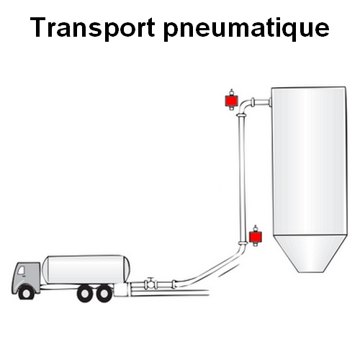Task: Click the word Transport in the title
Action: coord(93,27)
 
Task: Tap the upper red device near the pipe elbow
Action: coord(231,101)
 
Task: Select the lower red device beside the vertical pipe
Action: coord(256,237)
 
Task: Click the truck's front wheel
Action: coord(27,292)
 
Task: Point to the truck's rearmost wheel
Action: coord(104,293)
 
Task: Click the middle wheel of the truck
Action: coord(86,293)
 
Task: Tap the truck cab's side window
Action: coord(21,270)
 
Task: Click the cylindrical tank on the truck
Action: coord(86,270)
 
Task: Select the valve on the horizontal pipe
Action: coord(150,284)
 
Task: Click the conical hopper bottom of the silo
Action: coord(310,253)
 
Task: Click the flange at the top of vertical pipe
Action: coord(241,116)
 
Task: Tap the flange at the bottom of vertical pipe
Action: coord(243,243)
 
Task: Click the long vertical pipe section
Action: coord(242,179)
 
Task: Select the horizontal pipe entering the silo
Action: coord(262,103)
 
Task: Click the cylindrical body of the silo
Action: coord(309,161)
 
